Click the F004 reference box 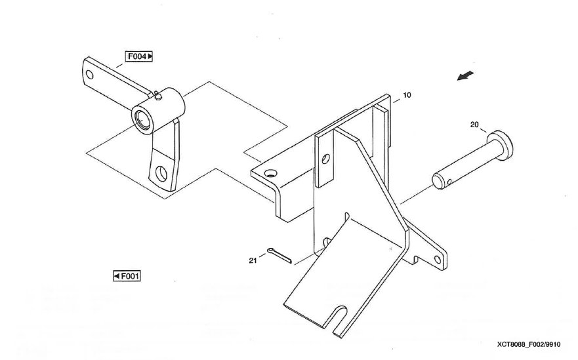(140, 56)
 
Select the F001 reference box (128, 276)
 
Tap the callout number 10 (407, 95)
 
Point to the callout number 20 (474, 124)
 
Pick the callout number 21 (253, 260)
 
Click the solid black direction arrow (465, 76)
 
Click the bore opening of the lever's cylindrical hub (140, 120)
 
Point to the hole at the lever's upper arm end (90, 73)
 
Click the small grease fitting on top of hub (159, 97)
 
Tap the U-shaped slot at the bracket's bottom (341, 320)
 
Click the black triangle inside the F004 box (150, 56)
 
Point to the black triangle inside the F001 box (116, 276)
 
